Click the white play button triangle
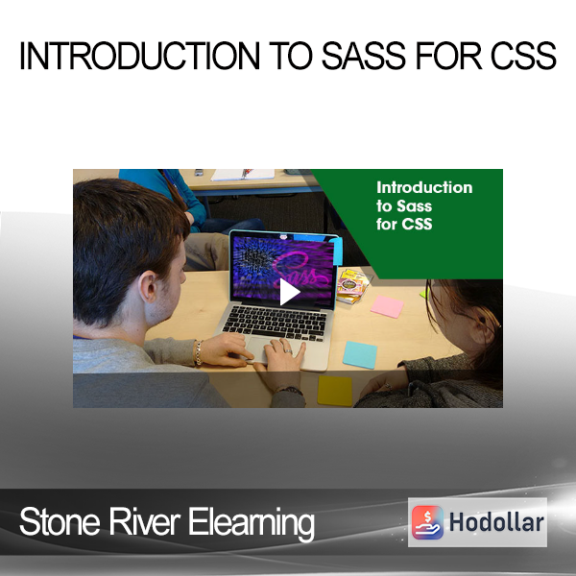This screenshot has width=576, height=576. pos(289,292)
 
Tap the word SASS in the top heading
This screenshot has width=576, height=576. pos(364,56)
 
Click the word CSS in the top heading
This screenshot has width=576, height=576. pos(523,56)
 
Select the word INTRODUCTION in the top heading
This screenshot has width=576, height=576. pos(139,56)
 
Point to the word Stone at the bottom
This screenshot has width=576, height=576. pos(60,522)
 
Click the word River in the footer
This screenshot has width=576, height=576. pos(145,522)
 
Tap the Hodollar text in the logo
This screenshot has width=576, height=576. pos(496,522)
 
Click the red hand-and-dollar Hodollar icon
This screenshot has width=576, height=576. pos(427,522)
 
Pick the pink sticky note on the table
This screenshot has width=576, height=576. pos(387,306)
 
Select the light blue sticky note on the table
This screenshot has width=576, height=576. pos(360,355)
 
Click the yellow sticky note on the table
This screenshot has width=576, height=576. pos(335,391)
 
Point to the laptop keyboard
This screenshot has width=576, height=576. pos(276,323)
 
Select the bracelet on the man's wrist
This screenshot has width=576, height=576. pos(199,352)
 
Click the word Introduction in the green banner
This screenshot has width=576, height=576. pos(424,188)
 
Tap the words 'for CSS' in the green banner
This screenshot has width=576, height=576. pos(404,224)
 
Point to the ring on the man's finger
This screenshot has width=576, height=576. pos(289,351)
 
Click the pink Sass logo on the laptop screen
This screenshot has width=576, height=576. pos(300,271)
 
